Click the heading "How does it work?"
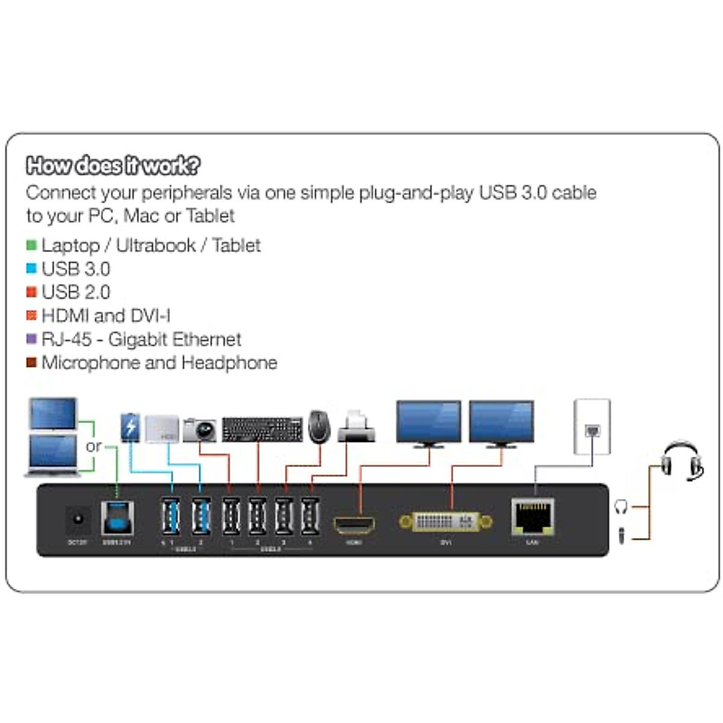click(x=113, y=165)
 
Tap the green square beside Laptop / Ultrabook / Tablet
click(x=31, y=245)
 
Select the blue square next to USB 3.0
click(x=31, y=269)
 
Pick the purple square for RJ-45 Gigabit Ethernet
click(x=31, y=339)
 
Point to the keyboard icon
click(x=262, y=429)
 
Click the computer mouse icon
click(x=319, y=426)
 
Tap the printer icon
click(x=356, y=427)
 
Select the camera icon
click(x=199, y=430)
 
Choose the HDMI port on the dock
click(x=354, y=525)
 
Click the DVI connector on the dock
click(x=446, y=522)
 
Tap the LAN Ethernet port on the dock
click(x=533, y=517)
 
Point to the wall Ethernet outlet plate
click(x=592, y=427)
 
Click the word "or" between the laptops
click(x=94, y=446)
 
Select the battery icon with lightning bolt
click(x=130, y=427)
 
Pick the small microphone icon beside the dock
click(x=621, y=534)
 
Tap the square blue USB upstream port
click(x=117, y=518)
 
